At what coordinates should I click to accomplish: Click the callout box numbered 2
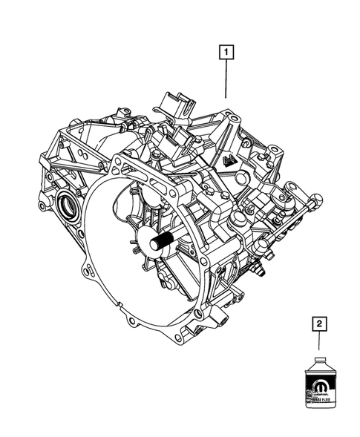pyautogui.click(x=319, y=324)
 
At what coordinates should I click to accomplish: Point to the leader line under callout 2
pyautogui.click(x=319, y=344)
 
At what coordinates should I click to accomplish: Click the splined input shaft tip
pyautogui.click(x=160, y=242)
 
